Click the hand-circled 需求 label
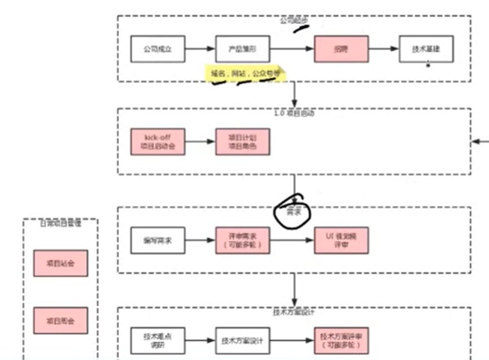pos(295,212)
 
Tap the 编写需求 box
pos(157,240)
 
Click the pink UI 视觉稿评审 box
pos(341,240)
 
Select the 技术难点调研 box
pos(157,341)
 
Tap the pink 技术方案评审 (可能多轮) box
pos(341,341)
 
